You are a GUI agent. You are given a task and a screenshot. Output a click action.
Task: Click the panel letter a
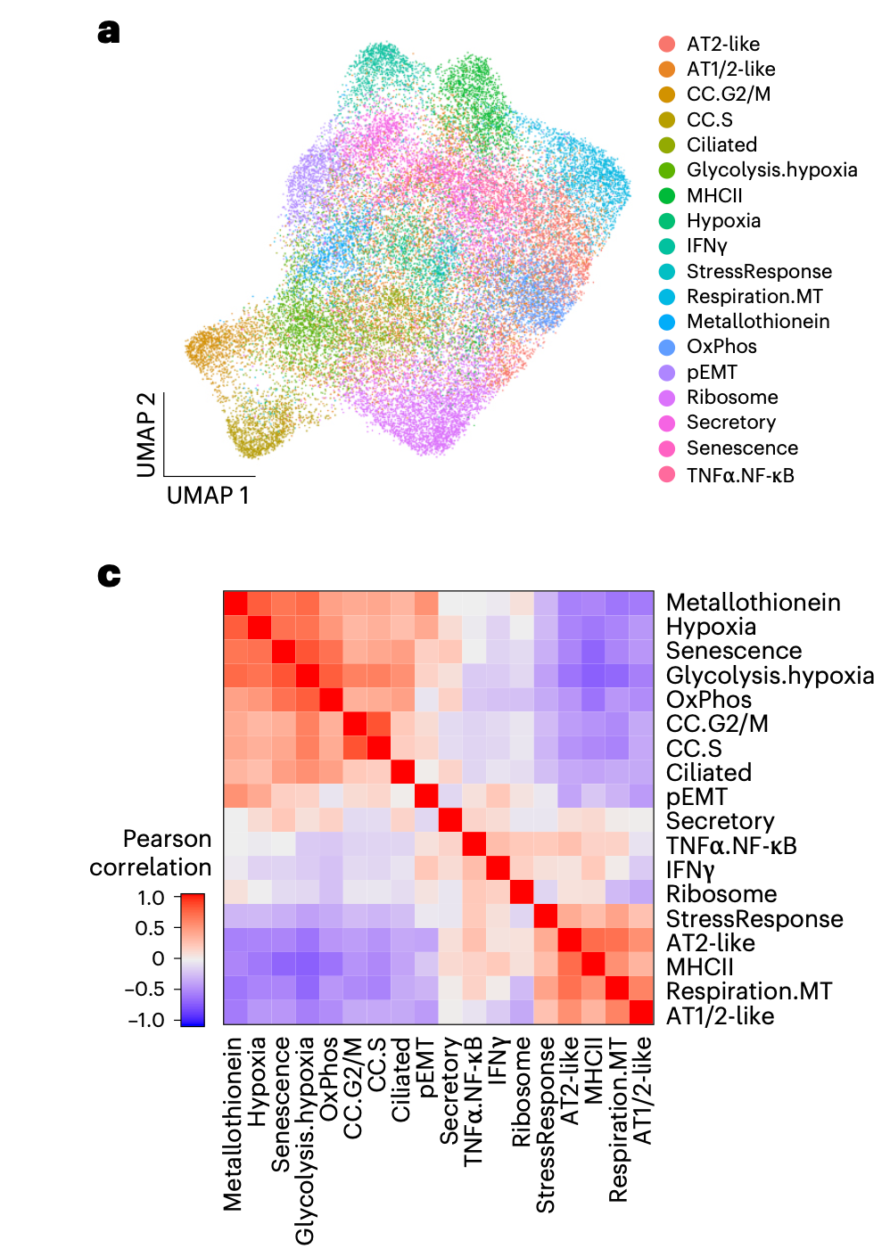point(109,31)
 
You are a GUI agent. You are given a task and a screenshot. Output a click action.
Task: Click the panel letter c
point(109,575)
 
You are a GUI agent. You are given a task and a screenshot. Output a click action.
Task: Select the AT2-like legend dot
point(666,44)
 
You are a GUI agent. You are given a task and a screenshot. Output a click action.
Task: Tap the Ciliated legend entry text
point(721,144)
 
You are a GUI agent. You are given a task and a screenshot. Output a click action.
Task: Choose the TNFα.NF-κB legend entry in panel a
point(739,475)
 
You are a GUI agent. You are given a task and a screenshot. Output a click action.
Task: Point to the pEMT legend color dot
point(666,373)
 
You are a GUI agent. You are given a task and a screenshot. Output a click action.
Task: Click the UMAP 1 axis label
point(208,496)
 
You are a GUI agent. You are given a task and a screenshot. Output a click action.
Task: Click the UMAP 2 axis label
point(146,435)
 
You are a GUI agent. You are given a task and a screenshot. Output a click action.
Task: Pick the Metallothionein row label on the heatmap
point(753,603)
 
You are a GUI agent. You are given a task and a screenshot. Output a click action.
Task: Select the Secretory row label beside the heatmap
point(720,821)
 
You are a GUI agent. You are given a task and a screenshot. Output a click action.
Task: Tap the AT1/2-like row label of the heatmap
point(720,1015)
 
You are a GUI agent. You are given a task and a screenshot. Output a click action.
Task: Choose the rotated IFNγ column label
point(498,1061)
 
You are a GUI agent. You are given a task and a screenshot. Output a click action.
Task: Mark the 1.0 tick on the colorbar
point(151,898)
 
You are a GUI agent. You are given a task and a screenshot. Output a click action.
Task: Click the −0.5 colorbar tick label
point(146,989)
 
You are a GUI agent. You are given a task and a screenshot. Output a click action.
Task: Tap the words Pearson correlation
point(151,853)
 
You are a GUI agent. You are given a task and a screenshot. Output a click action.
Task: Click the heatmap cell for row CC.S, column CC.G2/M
point(355,746)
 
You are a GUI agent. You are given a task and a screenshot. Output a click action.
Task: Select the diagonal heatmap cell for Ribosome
point(521,891)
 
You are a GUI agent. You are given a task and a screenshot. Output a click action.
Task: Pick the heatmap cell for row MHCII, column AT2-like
point(569,965)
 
